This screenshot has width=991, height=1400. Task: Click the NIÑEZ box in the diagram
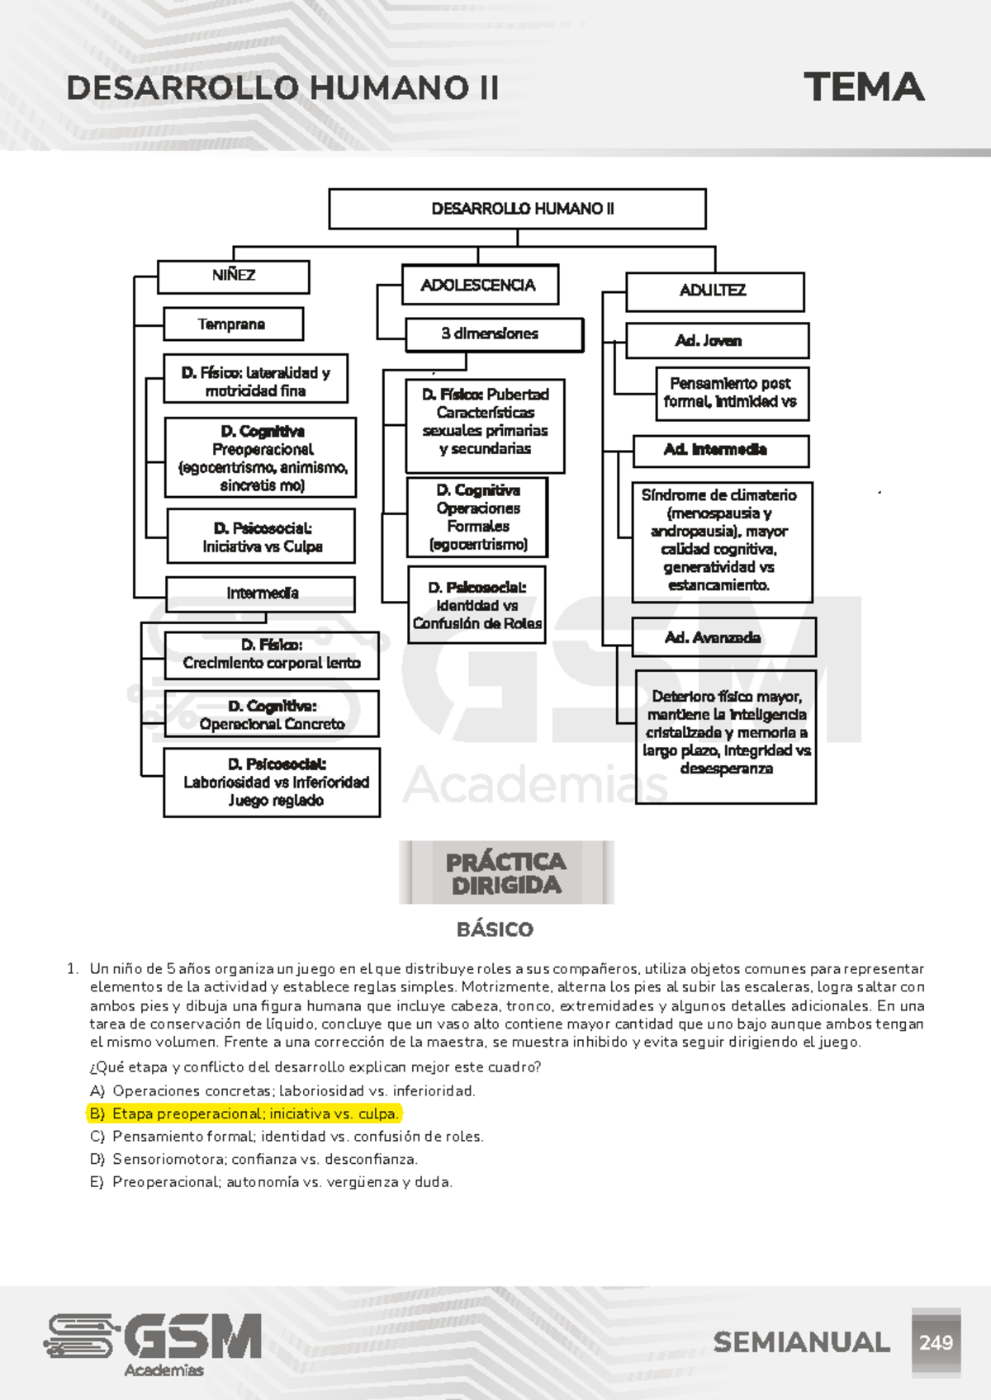(x=233, y=277)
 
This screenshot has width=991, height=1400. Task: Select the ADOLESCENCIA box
(x=479, y=286)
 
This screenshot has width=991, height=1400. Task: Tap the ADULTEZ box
(x=714, y=291)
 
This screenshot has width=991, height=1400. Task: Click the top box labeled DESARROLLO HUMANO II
(x=517, y=209)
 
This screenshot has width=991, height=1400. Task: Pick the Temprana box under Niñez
(x=233, y=324)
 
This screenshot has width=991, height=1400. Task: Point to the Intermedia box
(x=261, y=594)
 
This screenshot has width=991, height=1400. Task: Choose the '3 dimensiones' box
(x=493, y=334)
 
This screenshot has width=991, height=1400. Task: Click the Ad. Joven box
(x=716, y=341)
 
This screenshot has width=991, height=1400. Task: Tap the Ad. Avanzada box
(x=723, y=637)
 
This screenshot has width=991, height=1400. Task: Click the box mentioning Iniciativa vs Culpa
(x=261, y=537)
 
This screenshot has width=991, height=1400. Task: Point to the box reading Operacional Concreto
(x=272, y=715)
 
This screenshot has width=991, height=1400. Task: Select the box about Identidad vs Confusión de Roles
(x=477, y=606)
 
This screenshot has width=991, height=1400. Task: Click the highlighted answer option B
(x=244, y=1114)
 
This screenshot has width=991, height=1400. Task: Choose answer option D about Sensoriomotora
(x=254, y=1160)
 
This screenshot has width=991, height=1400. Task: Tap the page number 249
(x=936, y=1343)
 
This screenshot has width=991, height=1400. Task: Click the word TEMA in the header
(x=863, y=87)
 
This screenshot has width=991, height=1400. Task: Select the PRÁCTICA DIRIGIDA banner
(x=506, y=873)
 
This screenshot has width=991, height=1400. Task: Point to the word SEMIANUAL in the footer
(x=801, y=1343)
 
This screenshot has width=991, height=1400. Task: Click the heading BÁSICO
(x=495, y=930)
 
